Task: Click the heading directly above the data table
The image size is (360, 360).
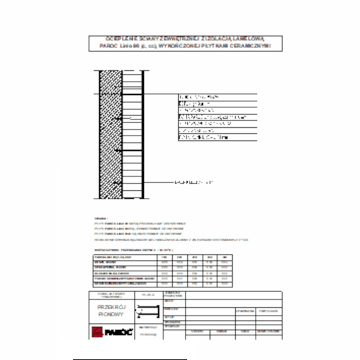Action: click(x=126, y=248)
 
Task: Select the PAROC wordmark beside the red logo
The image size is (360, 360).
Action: click(x=116, y=332)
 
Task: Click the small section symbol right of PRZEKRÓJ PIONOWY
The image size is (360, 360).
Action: click(x=147, y=311)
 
